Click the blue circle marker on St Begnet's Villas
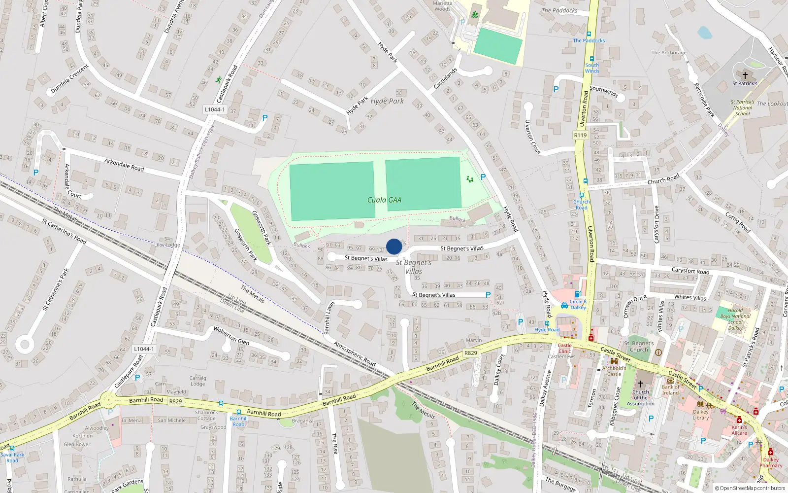[x=394, y=246]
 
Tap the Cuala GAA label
[x=384, y=200]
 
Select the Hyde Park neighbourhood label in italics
[x=387, y=101]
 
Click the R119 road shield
[x=581, y=135]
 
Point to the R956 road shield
[x=471, y=353]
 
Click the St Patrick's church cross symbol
[x=745, y=75]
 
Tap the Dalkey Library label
[x=701, y=415]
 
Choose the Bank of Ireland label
[x=670, y=390]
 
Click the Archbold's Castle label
[x=614, y=371]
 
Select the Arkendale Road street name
[x=124, y=164]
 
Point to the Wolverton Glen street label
[x=231, y=335]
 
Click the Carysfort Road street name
[x=690, y=271]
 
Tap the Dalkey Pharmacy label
[x=771, y=462]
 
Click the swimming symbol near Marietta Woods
[x=475, y=15]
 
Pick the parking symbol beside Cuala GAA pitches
[x=483, y=177]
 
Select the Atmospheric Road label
[x=355, y=353]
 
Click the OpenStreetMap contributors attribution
[x=750, y=489]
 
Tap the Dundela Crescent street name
[x=69, y=79]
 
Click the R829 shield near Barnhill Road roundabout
[x=175, y=401]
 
